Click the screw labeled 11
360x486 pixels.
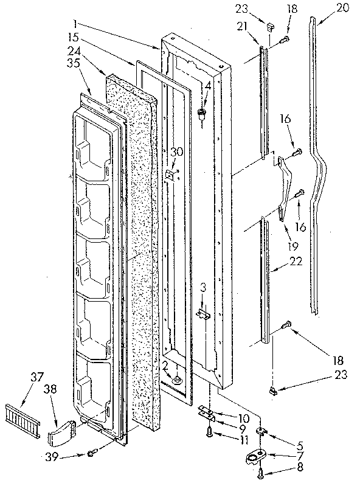210,432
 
